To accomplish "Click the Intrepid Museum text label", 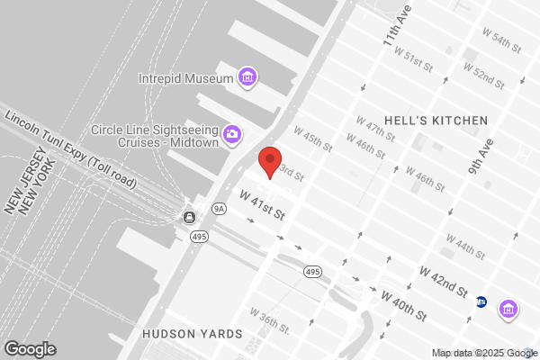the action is [186, 77].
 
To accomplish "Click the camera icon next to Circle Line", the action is [231, 134].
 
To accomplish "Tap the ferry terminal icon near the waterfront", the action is [190, 217].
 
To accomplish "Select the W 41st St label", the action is [262, 205].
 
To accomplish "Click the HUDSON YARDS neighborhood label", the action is [193, 334].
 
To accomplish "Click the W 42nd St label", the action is [443, 281].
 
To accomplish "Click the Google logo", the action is [30, 348].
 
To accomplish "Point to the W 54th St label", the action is [502, 40].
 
